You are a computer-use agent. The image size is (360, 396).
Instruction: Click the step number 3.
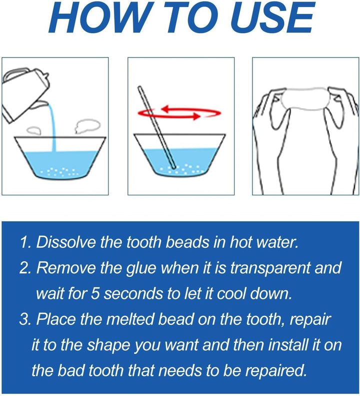(23, 319)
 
